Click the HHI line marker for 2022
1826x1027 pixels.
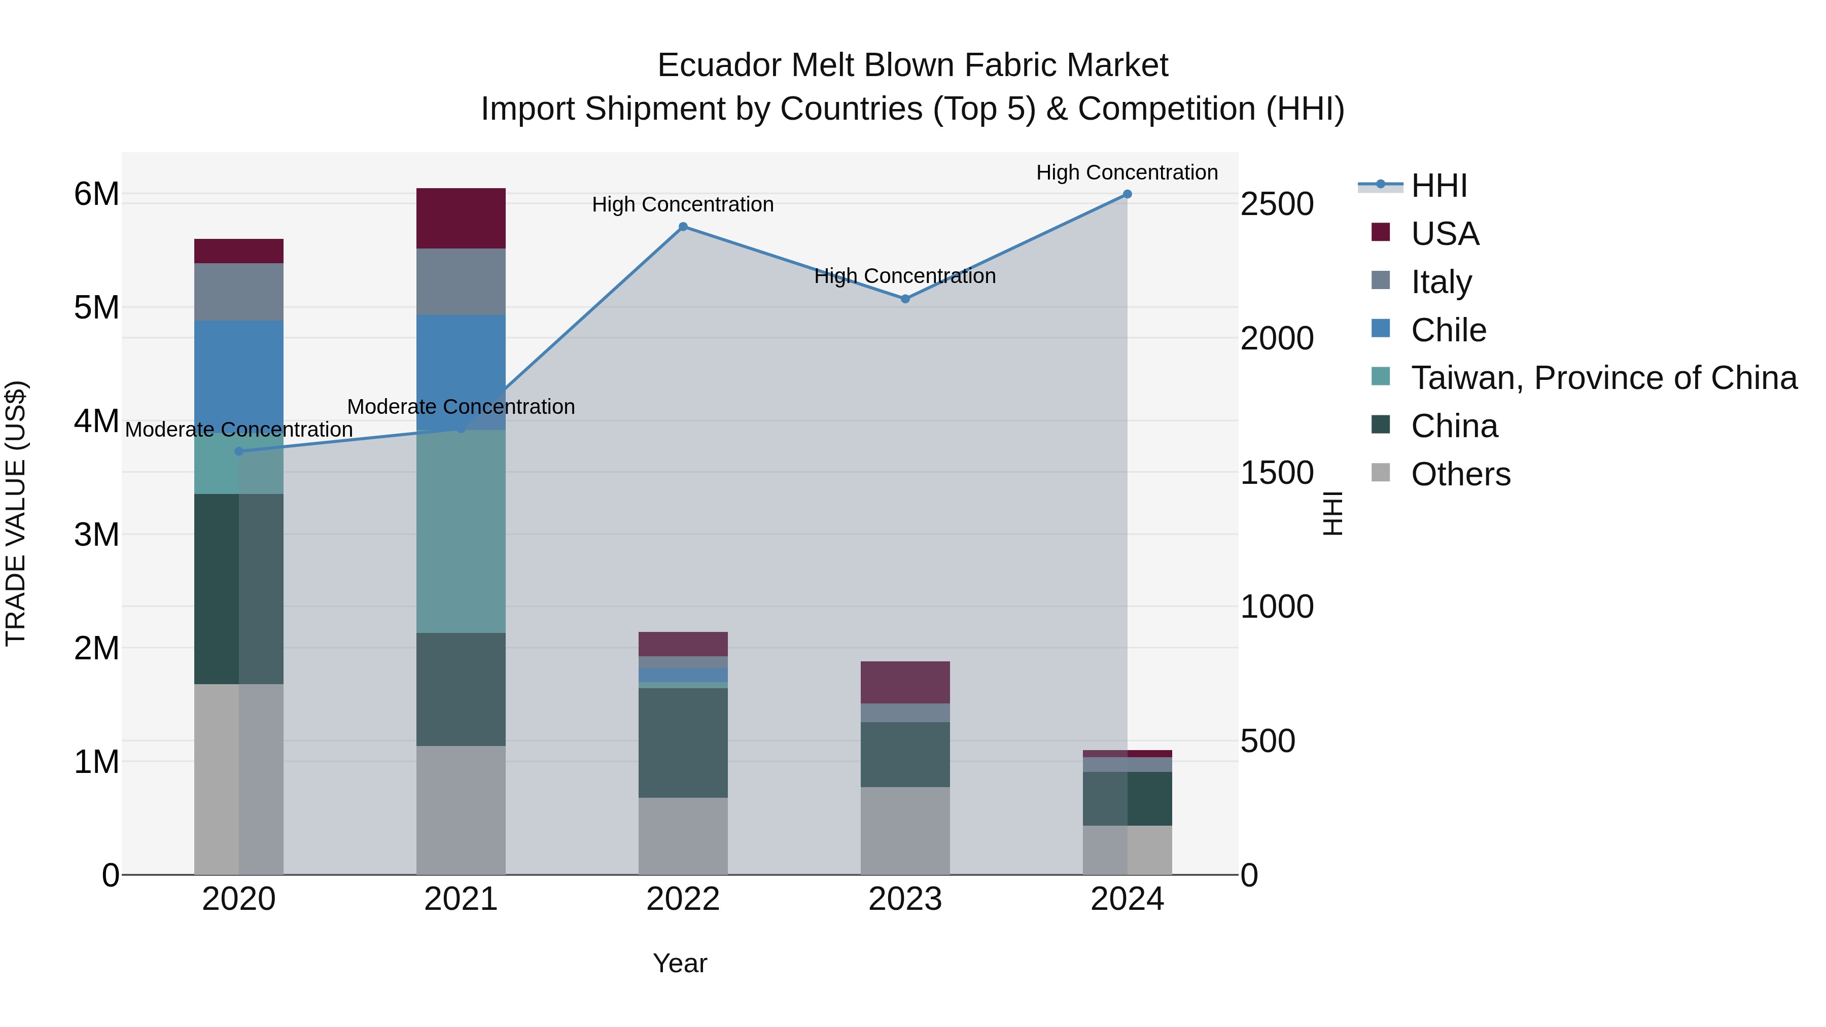(x=683, y=227)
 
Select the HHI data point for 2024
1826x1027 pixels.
(x=1127, y=194)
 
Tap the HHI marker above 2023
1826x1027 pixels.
(x=905, y=299)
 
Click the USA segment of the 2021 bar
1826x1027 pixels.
(x=461, y=218)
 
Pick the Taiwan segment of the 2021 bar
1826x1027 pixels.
(x=461, y=532)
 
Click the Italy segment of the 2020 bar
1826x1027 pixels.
(x=239, y=292)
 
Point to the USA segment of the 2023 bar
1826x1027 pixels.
(x=905, y=682)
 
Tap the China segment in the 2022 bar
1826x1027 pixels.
(x=683, y=743)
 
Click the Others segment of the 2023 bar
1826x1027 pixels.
(x=905, y=831)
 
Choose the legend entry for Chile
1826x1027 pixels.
(x=1448, y=330)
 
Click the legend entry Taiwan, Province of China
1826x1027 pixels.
(x=1603, y=378)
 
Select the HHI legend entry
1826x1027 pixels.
(x=1438, y=186)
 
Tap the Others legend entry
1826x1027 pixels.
(x=1460, y=474)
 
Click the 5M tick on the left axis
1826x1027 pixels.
(x=96, y=308)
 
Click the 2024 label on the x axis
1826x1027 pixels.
(x=1127, y=899)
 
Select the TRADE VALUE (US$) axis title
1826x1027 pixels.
(x=16, y=513)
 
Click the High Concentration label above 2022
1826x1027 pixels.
(x=683, y=204)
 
